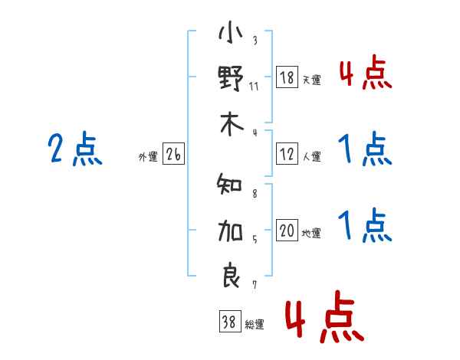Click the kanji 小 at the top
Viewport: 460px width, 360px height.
pyautogui.click(x=231, y=34)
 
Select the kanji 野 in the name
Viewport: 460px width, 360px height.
pyautogui.click(x=231, y=79)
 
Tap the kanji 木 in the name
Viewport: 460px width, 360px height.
pyautogui.click(x=231, y=124)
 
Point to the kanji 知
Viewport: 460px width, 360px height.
pyautogui.click(x=231, y=185)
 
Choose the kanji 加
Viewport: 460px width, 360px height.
pyautogui.click(x=231, y=230)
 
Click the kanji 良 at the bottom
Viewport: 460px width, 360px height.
pyautogui.click(x=231, y=275)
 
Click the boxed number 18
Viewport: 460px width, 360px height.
pyautogui.click(x=287, y=77)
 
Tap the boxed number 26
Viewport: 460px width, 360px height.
pyautogui.click(x=173, y=155)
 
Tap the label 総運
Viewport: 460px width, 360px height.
pyautogui.click(x=254, y=325)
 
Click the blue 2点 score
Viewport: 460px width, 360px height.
pyautogui.click(x=75, y=149)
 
